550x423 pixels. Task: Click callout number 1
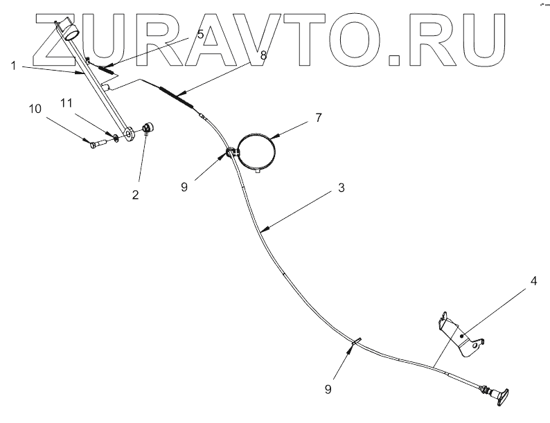coord(13,66)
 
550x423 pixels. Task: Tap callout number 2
coord(136,195)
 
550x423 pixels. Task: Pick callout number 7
coord(318,117)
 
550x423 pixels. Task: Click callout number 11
coord(65,102)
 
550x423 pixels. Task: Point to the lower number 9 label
coord(328,389)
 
